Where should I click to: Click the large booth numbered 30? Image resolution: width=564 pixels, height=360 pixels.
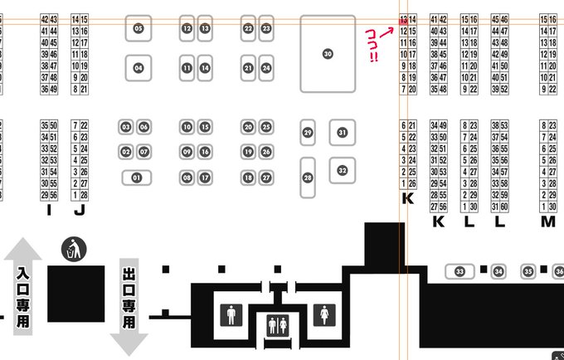click(328, 53)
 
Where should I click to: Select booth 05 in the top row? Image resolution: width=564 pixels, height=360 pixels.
click(139, 28)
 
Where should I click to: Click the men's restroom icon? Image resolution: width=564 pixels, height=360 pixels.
click(231, 314)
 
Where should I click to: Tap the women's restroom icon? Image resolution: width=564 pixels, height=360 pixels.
click(323, 314)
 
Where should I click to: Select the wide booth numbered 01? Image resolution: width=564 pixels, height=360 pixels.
click(138, 178)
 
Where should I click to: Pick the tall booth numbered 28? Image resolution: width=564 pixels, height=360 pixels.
click(308, 177)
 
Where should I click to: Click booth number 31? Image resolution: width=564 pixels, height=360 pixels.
click(342, 132)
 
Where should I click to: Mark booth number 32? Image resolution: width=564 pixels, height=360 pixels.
click(342, 171)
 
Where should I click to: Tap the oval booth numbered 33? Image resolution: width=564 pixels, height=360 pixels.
click(459, 271)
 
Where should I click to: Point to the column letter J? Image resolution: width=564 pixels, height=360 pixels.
click(80, 210)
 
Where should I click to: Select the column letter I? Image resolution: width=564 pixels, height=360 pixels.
click(49, 210)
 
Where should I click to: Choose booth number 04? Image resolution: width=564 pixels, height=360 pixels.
click(139, 67)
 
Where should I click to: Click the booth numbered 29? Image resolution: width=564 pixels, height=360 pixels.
click(308, 132)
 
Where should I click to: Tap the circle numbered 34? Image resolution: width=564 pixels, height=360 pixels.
click(498, 271)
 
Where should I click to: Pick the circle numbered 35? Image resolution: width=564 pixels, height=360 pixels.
click(528, 271)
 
